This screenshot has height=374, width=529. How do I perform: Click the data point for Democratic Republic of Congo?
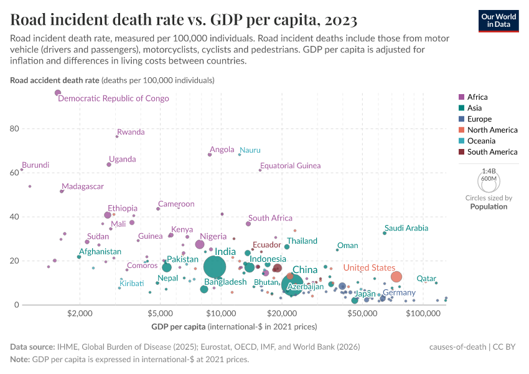pyautogui.click(x=58, y=93)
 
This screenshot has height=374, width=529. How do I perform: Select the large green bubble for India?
pyautogui.click(x=214, y=267)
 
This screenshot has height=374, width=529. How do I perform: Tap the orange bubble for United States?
pyautogui.click(x=396, y=277)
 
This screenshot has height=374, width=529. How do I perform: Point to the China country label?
pyautogui.click(x=305, y=270)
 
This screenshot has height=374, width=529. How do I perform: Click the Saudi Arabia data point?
pyautogui.click(x=385, y=233)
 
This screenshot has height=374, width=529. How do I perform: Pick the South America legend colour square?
pyautogui.click(x=461, y=152)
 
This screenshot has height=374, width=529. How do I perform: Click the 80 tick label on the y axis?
pyautogui.click(x=13, y=128)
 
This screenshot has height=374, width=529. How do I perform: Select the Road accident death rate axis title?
pyautogui.click(x=55, y=80)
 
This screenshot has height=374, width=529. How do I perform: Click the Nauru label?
pyautogui.click(x=250, y=150)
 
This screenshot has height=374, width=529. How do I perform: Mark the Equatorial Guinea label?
pyautogui.click(x=291, y=166)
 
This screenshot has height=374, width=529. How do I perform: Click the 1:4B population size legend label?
pyautogui.click(x=489, y=171)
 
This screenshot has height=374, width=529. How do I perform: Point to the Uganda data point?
pyautogui.click(x=109, y=165)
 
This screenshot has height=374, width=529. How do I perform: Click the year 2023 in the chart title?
pyautogui.click(x=339, y=20)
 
